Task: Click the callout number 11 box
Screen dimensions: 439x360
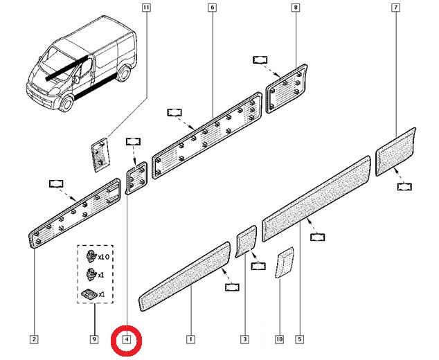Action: click(x=146, y=8)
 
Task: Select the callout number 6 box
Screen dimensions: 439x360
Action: click(x=212, y=8)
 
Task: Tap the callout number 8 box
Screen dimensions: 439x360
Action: click(x=296, y=8)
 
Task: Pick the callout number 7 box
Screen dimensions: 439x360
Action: click(x=395, y=8)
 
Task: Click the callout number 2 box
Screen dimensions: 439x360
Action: click(x=34, y=339)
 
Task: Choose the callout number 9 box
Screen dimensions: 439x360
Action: click(x=94, y=339)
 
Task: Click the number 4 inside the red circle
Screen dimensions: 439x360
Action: click(x=127, y=340)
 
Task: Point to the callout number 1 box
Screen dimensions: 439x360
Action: click(x=190, y=339)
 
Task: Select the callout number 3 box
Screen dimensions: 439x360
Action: click(x=244, y=339)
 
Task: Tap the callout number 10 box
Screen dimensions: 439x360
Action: click(x=280, y=339)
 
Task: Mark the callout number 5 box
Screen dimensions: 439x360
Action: click(x=300, y=339)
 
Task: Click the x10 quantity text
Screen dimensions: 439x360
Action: click(x=104, y=257)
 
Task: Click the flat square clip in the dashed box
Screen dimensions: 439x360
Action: click(x=89, y=294)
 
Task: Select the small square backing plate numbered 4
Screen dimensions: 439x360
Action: click(x=136, y=177)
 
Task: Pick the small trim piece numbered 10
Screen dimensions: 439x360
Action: click(x=285, y=262)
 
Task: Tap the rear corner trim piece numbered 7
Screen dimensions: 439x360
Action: click(x=395, y=152)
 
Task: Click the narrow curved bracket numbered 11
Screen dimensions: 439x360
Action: click(x=100, y=155)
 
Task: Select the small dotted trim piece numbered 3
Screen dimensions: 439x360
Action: click(x=246, y=242)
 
